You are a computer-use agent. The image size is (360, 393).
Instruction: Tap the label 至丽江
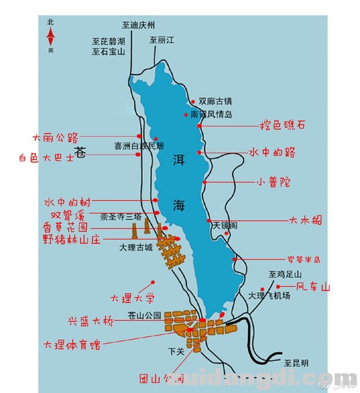coord(162,40)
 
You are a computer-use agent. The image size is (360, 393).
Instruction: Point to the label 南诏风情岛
coord(211,114)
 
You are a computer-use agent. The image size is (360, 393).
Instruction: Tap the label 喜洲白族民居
coord(138,146)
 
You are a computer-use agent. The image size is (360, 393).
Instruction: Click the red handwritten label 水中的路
coord(273,153)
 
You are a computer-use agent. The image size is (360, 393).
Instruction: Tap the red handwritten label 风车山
coord(313,287)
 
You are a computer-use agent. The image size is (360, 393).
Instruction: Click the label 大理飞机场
coord(270,295)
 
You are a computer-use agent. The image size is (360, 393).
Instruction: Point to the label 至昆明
coord(296,362)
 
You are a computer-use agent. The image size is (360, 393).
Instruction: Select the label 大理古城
coord(136,246)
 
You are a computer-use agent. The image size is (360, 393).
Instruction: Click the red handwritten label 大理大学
coord(133,298)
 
